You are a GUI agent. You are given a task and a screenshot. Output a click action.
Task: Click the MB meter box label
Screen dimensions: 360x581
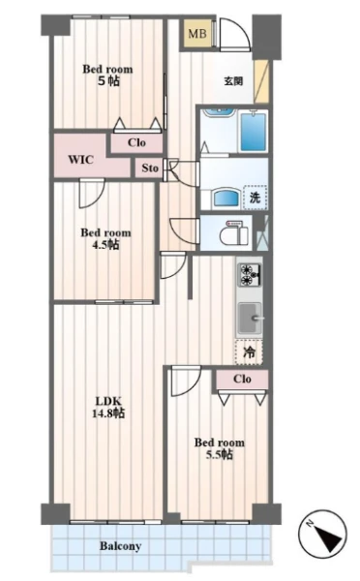point(197,34)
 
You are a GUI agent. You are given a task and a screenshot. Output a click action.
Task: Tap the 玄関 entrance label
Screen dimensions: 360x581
point(233,80)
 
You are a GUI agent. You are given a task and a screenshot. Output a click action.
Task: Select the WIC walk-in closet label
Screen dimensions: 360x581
point(80,160)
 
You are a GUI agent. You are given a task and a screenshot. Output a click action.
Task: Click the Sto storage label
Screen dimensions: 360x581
point(150,168)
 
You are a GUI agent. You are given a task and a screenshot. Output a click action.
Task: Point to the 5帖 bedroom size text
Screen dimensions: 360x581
point(108,81)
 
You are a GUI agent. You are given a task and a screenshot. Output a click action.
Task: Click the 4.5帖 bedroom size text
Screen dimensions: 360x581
point(105,245)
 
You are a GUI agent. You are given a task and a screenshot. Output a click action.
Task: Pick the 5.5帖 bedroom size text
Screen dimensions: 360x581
point(220,454)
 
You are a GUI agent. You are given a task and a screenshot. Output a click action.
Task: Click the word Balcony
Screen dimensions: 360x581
point(120,546)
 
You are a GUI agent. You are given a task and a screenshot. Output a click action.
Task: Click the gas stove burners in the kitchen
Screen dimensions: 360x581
point(251,275)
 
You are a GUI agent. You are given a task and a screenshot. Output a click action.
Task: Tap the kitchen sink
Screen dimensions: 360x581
point(251,318)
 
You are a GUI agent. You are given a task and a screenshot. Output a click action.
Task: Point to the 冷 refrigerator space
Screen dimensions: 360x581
point(249,352)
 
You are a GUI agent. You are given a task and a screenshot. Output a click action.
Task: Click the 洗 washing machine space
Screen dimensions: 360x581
point(255,198)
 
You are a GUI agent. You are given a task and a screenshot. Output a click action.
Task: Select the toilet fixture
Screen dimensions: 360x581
point(233,233)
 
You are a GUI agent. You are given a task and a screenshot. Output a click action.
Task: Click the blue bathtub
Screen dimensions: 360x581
point(254,132)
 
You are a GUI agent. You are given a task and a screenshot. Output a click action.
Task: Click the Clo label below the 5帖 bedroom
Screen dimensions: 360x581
point(136,142)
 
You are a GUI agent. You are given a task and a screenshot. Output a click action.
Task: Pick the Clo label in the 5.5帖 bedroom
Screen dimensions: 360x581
point(242,379)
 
